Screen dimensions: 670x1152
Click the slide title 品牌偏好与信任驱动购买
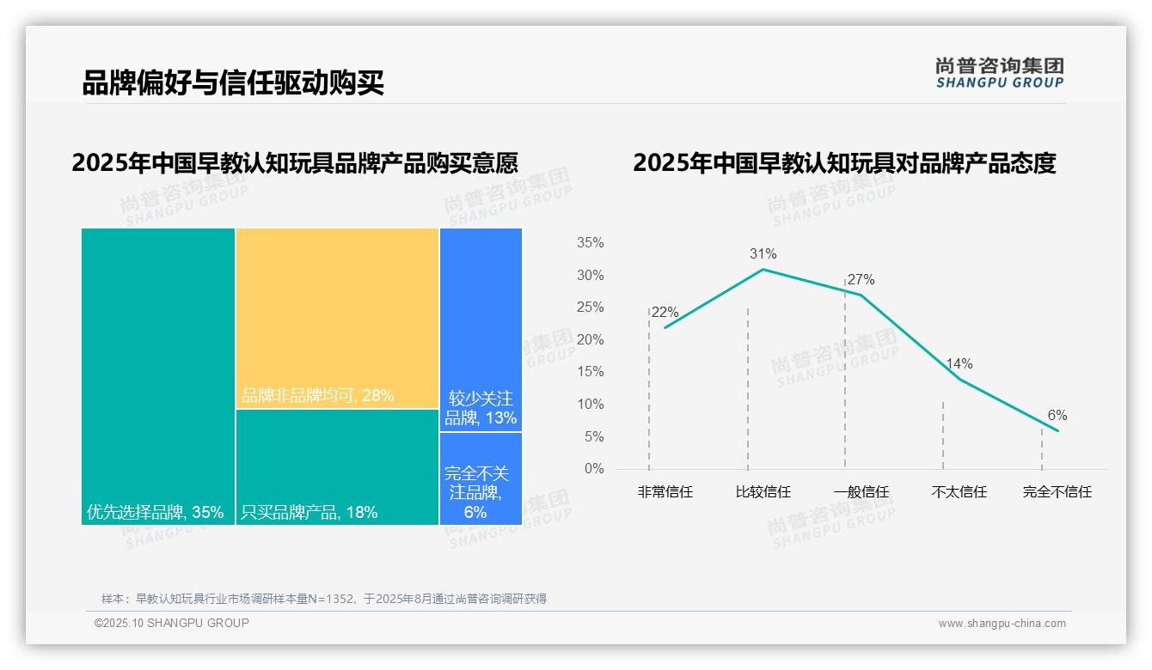pyautogui.click(x=233, y=82)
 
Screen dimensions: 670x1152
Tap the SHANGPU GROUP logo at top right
pyautogui.click(x=999, y=73)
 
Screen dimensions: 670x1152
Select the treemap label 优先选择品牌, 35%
pyautogui.click(x=156, y=513)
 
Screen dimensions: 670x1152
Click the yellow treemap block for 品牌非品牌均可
pyautogui.click(x=337, y=318)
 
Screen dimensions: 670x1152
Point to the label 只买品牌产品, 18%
pyautogui.click(x=309, y=513)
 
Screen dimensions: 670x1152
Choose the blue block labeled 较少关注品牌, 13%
pyautogui.click(x=481, y=409)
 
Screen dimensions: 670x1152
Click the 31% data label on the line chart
pyautogui.click(x=763, y=254)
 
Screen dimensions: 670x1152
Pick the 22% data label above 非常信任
pyautogui.click(x=665, y=312)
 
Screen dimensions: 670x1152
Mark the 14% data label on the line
pyautogui.click(x=959, y=364)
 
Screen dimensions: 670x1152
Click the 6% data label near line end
pyautogui.click(x=1057, y=416)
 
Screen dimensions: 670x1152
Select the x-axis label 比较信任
pyautogui.click(x=763, y=492)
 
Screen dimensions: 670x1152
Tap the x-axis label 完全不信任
pyautogui.click(x=1057, y=492)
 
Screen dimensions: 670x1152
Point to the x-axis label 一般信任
pyautogui.click(x=861, y=492)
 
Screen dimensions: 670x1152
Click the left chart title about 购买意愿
pyautogui.click(x=295, y=163)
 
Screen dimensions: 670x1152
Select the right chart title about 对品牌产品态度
pyautogui.click(x=844, y=163)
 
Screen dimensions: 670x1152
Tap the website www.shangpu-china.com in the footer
pyautogui.click(x=1002, y=624)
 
